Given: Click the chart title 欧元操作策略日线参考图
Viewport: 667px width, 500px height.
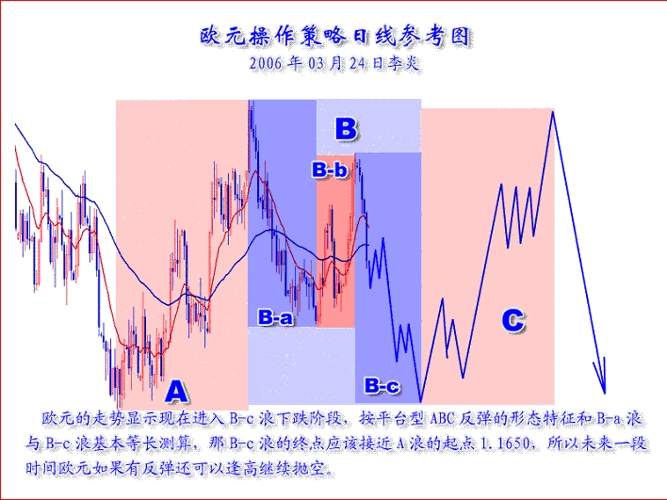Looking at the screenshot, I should point(334,36).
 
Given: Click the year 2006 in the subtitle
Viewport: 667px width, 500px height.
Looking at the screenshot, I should point(268,65).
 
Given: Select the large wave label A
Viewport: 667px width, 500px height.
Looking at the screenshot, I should point(176,391).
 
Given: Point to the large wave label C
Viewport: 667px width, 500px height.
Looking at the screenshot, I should point(512,321).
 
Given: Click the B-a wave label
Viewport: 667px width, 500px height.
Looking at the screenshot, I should point(275,318).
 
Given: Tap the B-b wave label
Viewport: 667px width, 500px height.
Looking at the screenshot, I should point(331,170).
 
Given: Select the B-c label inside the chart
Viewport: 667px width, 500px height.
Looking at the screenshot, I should point(382,385).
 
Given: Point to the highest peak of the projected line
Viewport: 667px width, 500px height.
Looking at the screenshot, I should point(552,112).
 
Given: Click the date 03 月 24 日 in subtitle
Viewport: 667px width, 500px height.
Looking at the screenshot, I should point(347,65).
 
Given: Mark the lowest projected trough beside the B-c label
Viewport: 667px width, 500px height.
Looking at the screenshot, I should point(421,400).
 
